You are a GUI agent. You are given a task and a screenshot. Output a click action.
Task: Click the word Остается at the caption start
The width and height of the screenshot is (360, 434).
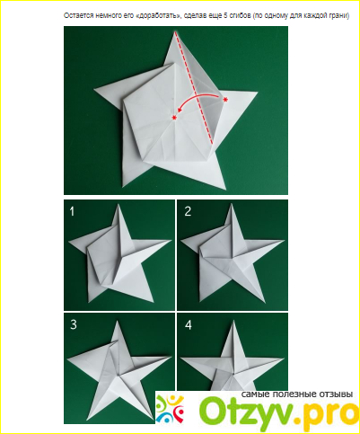75,16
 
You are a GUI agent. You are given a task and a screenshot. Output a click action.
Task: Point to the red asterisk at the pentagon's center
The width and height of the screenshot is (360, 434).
174,118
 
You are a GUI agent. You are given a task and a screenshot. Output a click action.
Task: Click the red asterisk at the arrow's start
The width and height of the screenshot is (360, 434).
225,100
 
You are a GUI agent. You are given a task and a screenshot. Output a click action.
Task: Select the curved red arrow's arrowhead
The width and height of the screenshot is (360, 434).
180,110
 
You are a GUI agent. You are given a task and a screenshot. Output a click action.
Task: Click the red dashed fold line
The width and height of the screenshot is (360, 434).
194,88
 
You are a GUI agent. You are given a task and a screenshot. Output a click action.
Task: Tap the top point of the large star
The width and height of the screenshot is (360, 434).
174,31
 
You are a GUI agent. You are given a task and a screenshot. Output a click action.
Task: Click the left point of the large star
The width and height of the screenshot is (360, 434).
95,89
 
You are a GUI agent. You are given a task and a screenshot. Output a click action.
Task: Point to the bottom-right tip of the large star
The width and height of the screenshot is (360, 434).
225,189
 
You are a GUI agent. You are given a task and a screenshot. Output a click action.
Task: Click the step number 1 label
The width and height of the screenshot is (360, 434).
72,212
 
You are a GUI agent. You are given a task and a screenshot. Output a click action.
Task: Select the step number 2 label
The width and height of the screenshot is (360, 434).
188,212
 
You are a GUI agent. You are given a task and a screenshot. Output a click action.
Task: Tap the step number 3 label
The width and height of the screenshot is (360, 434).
74,325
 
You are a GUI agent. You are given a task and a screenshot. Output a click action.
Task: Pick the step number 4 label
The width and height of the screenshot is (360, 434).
188,325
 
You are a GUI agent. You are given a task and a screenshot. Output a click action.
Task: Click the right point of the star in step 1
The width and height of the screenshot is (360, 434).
171,240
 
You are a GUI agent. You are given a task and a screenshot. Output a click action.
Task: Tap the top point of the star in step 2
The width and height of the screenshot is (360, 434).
231,204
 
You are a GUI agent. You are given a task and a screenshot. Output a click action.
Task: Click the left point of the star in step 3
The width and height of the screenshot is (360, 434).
68,359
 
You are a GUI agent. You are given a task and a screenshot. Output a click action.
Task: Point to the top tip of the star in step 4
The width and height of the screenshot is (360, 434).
233,320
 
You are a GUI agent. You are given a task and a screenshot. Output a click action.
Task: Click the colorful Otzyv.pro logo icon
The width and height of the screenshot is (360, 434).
170,409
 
